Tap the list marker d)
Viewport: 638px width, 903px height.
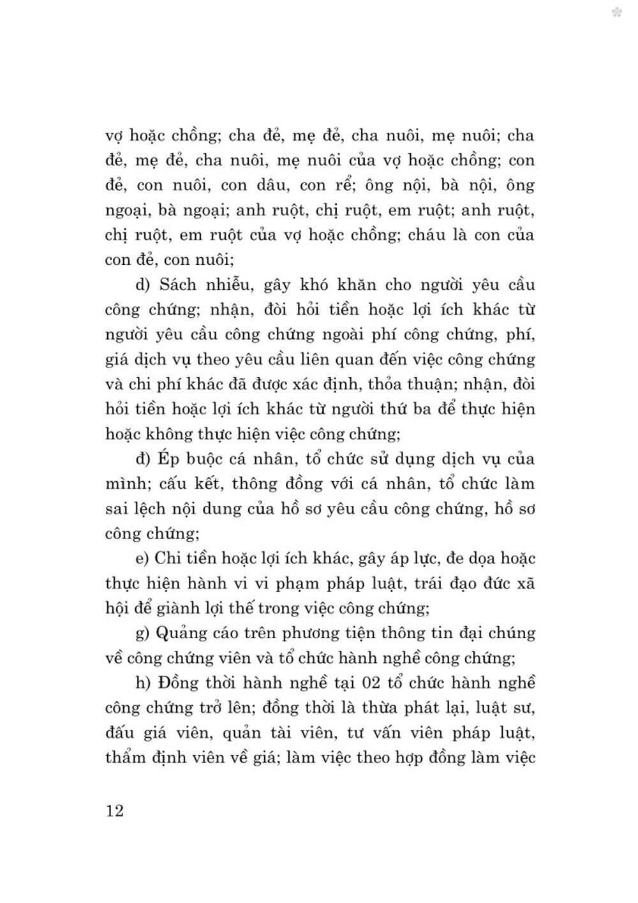click(137, 285)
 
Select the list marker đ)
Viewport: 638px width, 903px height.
click(137, 459)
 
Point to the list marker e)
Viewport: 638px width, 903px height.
click(137, 558)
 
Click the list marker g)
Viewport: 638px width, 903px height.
click(137, 634)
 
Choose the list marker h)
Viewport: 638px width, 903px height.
click(137, 683)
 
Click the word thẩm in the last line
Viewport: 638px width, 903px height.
click(126, 758)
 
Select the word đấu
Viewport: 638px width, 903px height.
click(118, 733)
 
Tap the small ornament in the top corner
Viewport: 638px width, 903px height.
click(617, 12)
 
